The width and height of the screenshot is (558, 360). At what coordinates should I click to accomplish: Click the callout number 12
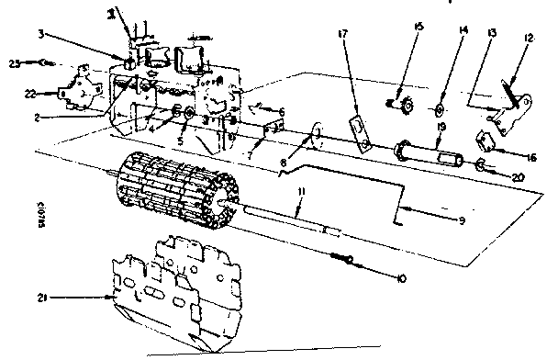(x=528, y=39)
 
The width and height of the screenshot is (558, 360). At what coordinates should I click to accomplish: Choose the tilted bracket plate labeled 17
(x=362, y=132)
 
